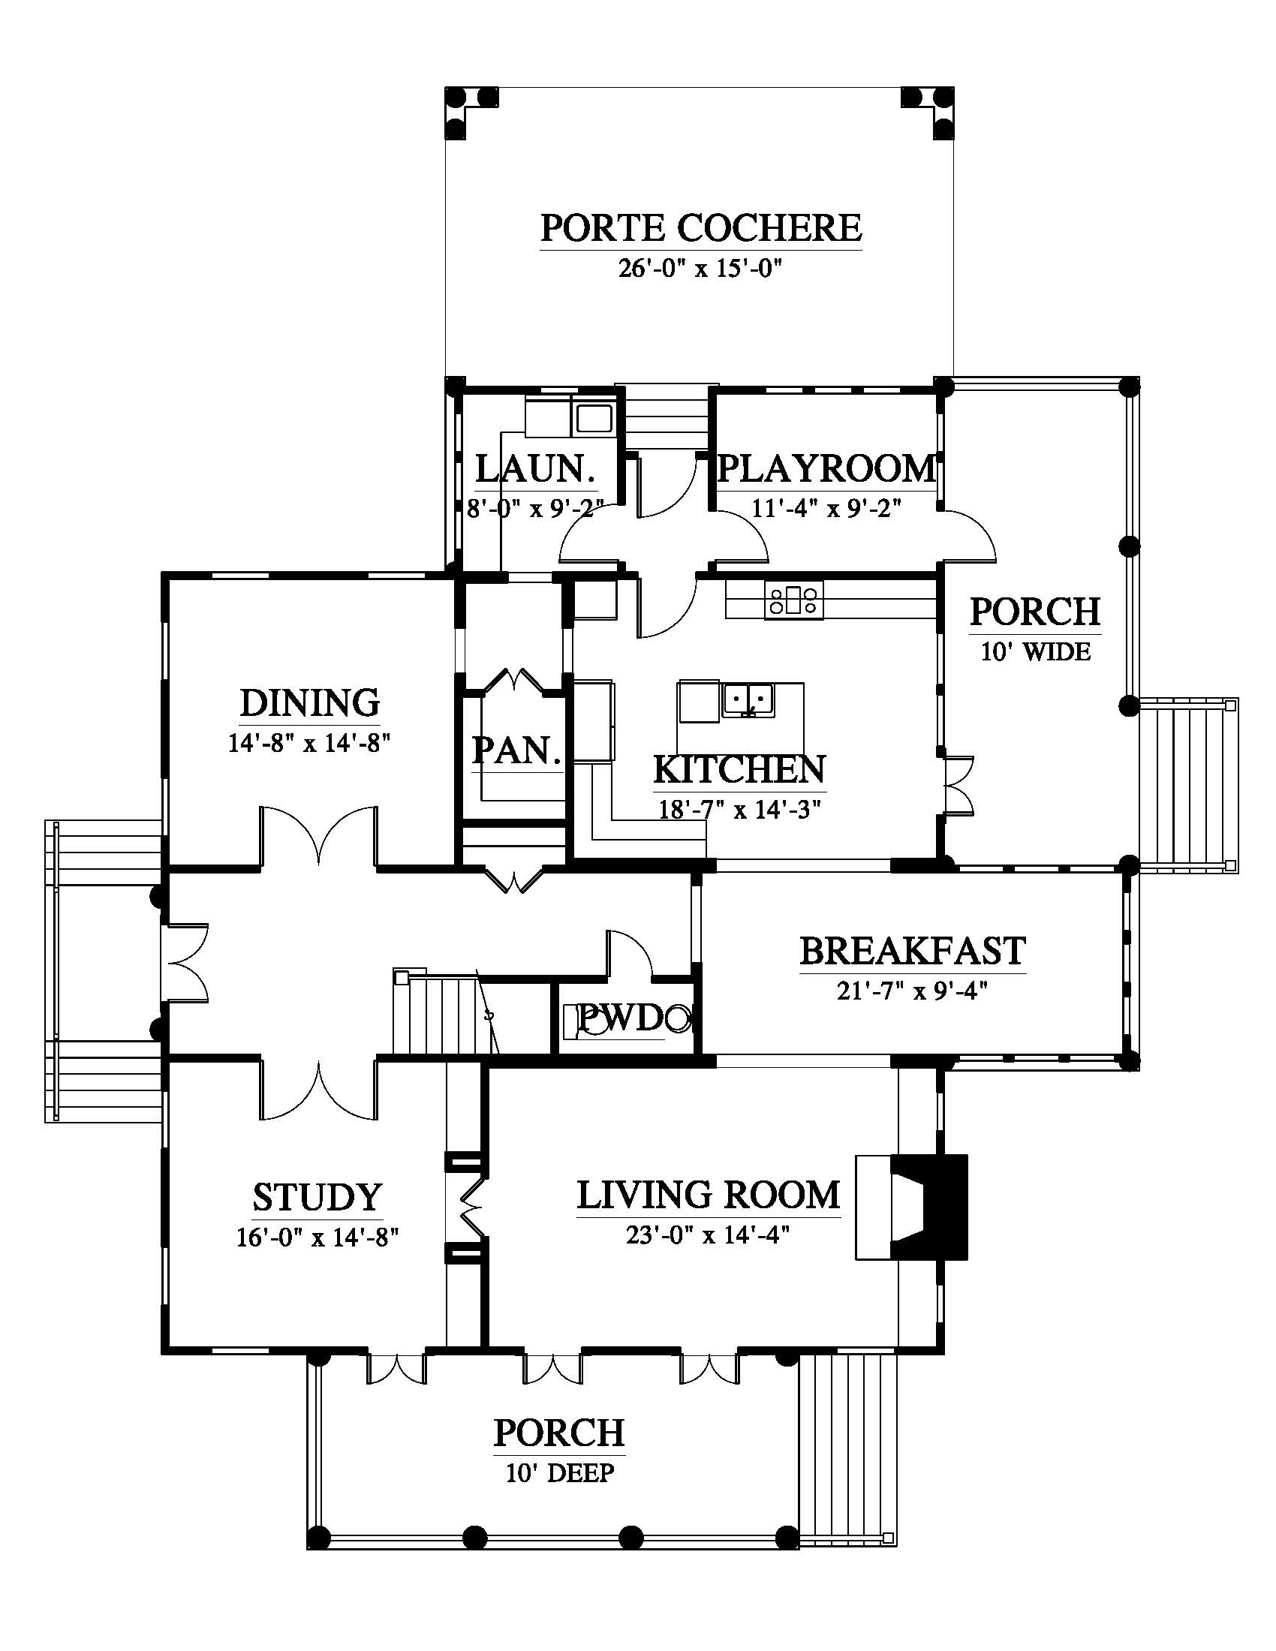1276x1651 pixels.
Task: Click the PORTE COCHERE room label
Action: [x=701, y=227]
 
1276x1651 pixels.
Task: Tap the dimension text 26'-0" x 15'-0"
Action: [x=700, y=269]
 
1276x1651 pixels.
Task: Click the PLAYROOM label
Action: [x=827, y=469]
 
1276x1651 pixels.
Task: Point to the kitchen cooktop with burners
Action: [x=793, y=600]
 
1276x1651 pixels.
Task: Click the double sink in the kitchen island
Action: [x=747, y=699]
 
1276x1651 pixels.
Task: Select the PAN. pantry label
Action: [x=517, y=750]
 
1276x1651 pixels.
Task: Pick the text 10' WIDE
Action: [x=1036, y=651]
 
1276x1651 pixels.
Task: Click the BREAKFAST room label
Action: [x=913, y=951]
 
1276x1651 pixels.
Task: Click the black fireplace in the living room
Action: [x=929, y=1207]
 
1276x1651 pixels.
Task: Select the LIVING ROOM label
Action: [x=709, y=1195]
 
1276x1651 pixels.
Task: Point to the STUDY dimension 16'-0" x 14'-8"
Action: [x=317, y=1237]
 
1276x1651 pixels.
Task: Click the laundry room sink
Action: [x=594, y=418]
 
